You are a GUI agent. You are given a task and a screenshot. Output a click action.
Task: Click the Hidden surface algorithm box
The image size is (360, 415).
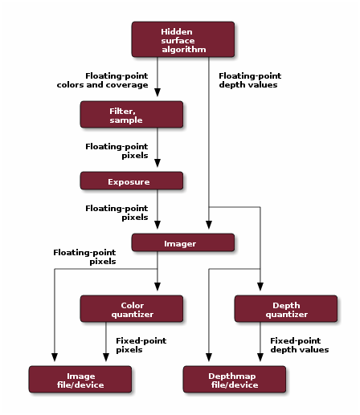coord(182,39)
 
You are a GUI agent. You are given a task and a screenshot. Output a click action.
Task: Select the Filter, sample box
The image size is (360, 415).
coord(131,114)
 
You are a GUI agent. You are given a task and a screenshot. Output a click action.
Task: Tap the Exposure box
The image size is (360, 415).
coord(131,181)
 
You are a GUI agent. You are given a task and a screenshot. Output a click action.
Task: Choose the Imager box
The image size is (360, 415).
coord(182,242)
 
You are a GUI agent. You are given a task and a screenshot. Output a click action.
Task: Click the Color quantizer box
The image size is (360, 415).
coord(131,309)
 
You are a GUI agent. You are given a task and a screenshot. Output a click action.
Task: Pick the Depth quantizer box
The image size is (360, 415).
coord(285,309)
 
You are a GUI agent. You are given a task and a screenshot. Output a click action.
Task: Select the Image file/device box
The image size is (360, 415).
coord(80,379)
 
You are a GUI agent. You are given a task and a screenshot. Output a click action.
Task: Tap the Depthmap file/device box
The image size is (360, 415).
coord(234,379)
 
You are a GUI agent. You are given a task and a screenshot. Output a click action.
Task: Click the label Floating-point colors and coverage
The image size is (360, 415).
coord(102,79)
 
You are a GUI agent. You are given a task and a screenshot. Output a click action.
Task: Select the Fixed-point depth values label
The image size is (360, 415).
coord(299,345)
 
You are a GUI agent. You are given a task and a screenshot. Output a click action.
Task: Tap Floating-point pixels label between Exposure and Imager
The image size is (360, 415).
coord(117,212)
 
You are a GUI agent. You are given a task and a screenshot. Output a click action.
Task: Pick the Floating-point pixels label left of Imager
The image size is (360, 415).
coord(84,256)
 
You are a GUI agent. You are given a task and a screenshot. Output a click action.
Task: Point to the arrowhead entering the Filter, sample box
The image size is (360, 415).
coord(157,96)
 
